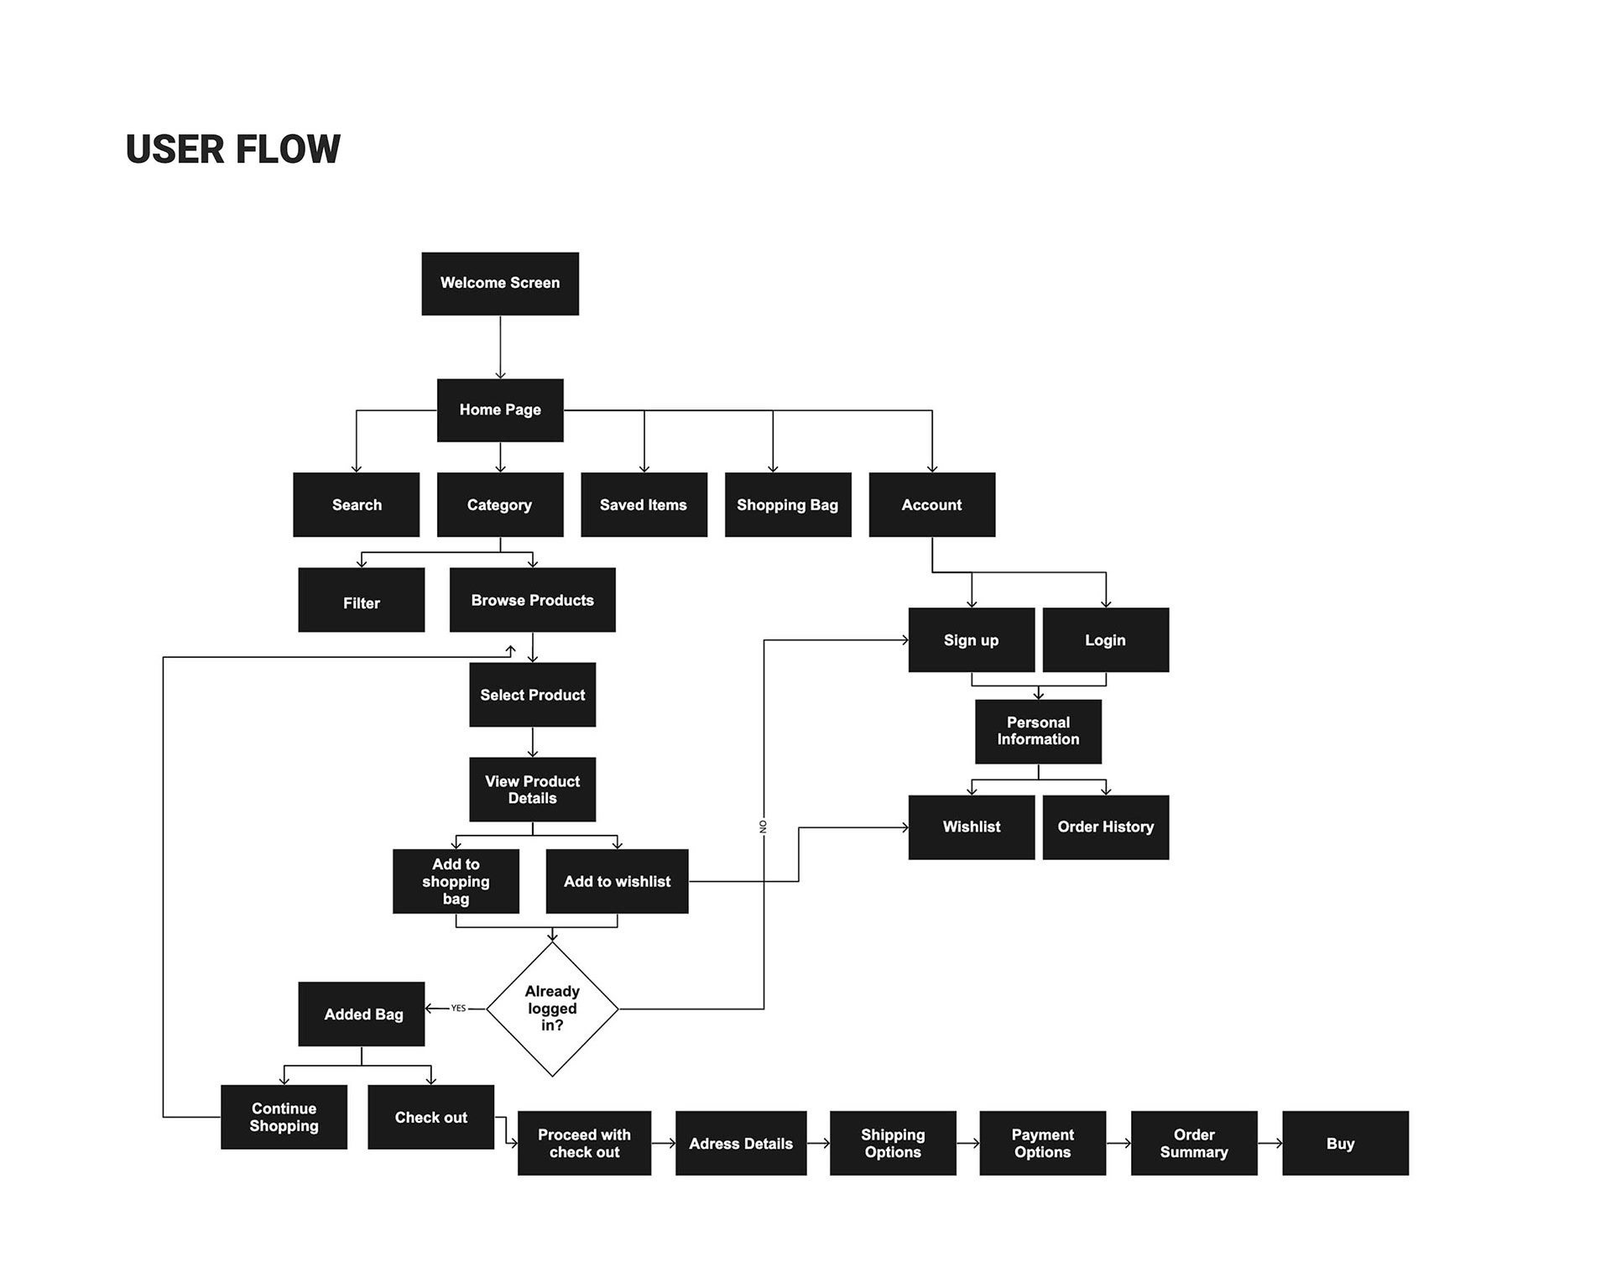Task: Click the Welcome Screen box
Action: tap(500, 284)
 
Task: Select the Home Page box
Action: tap(500, 409)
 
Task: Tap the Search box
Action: tap(357, 504)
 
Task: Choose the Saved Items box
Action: tap(644, 504)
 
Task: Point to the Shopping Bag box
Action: tap(788, 504)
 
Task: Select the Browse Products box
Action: tap(533, 600)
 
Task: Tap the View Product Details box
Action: tap(533, 790)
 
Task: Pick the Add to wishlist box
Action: tap(617, 881)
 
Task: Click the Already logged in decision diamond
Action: tap(552, 1009)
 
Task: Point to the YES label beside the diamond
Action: tap(458, 1009)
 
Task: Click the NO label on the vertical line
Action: tap(764, 827)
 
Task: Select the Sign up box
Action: tap(972, 639)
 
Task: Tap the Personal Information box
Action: tap(1038, 731)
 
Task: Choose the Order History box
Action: tap(1106, 827)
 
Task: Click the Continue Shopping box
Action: tap(284, 1117)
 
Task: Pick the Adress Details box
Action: tap(741, 1143)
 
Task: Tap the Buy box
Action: tap(1345, 1143)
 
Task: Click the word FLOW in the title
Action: tap(288, 149)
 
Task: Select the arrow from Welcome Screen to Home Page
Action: tap(500, 347)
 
